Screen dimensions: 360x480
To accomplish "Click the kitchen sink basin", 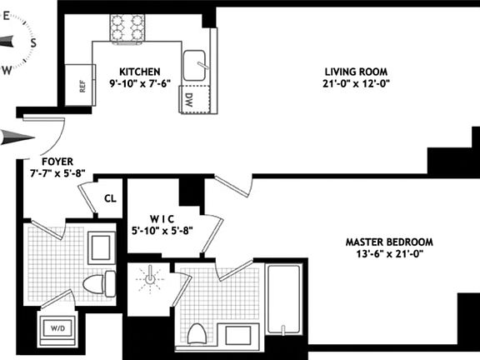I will [195, 63].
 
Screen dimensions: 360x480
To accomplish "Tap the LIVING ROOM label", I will [356, 71].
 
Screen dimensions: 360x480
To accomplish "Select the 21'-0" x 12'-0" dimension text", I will [356, 83].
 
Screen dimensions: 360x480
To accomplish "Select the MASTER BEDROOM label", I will [389, 242].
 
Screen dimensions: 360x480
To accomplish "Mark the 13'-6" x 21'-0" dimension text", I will [389, 255].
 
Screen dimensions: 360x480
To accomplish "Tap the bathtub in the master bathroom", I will [285, 299].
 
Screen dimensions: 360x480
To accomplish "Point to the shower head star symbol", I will [149, 278].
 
